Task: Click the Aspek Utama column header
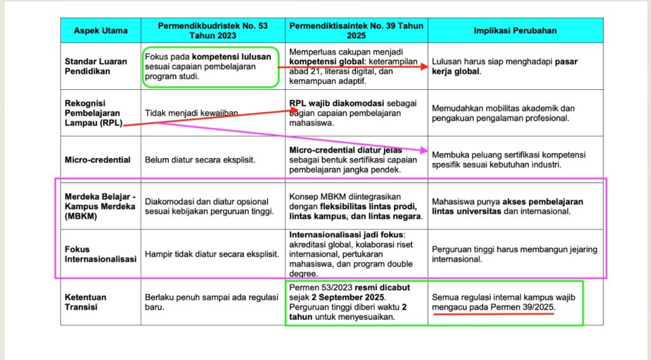pyautogui.click(x=100, y=31)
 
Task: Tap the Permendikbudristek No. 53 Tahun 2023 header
pyautogui.click(x=212, y=31)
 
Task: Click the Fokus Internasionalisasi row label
pyautogui.click(x=100, y=254)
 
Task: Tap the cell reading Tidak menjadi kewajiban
pyautogui.click(x=191, y=113)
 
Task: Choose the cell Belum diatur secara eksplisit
pyautogui.click(x=200, y=160)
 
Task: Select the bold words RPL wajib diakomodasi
pyautogui.click(x=332, y=103)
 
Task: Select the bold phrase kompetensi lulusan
pyautogui.click(x=231, y=56)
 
